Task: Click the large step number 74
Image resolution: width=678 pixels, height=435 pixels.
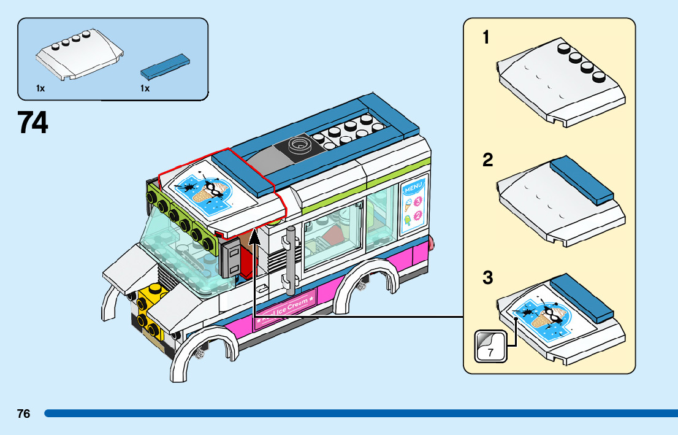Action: coord(32,123)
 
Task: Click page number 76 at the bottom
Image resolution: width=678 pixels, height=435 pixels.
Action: coord(23,414)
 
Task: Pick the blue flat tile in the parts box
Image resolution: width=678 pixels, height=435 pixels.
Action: coord(164,66)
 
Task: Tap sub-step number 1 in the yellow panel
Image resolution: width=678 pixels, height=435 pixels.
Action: coord(486,38)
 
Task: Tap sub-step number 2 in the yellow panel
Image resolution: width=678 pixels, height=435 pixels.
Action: coord(487,161)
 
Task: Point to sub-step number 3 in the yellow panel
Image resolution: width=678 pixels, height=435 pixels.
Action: coord(487,278)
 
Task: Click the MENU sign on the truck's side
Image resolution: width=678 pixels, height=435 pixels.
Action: coord(413,207)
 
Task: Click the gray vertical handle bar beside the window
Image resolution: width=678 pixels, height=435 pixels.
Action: coord(291,258)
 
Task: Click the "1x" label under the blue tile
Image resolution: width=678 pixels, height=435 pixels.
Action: coord(145,88)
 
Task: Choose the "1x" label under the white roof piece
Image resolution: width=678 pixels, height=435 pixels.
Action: coord(40,88)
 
